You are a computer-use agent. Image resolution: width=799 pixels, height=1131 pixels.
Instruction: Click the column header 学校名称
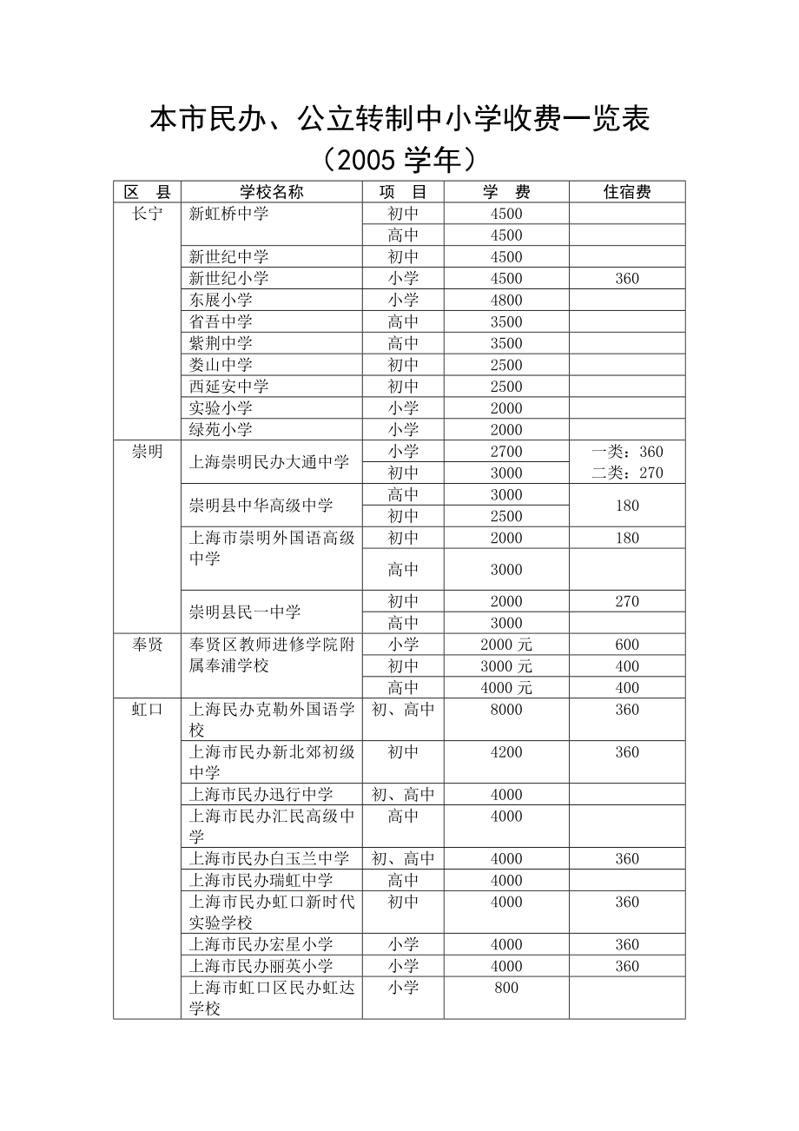[272, 192]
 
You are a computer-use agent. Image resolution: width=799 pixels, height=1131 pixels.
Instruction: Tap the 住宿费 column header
[627, 192]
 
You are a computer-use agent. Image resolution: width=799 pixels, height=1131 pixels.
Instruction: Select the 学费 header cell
[506, 192]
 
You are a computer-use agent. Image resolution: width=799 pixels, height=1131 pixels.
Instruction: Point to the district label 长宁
[147, 214]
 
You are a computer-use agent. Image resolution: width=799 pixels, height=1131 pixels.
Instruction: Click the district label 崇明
[147, 452]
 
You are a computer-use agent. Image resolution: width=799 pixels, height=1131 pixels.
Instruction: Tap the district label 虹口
[147, 710]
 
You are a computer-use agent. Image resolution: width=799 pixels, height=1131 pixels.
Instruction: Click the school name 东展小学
[221, 300]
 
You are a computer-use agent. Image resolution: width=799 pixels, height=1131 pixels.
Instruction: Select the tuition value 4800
[506, 301]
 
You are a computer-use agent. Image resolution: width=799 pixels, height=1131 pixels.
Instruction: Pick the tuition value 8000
[506, 710]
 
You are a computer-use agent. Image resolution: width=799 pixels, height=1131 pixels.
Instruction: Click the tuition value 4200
[506, 752]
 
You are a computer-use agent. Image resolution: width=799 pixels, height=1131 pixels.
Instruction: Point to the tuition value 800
[506, 988]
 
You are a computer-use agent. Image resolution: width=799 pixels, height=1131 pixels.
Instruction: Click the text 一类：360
[627, 452]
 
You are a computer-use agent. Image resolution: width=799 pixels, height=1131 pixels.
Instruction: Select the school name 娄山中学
[221, 365]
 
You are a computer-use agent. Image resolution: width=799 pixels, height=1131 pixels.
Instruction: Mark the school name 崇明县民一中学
[245, 612]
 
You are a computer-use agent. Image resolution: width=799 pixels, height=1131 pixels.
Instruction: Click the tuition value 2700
[506, 452]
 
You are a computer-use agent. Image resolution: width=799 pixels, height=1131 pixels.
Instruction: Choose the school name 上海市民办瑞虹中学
[261, 880]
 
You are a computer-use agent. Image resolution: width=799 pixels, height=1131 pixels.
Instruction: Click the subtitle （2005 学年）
[399, 159]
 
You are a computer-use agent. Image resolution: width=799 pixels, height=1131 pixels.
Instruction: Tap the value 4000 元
[506, 688]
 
